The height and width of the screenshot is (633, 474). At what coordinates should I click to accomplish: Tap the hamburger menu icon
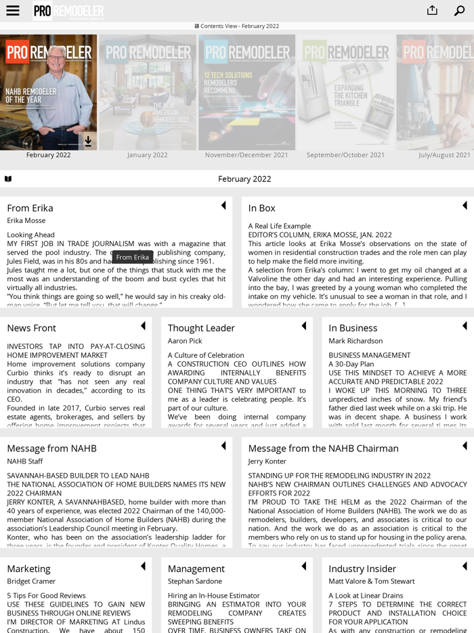pyautogui.click(x=12, y=11)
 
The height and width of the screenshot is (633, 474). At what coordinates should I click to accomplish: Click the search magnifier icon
pyautogui.click(x=460, y=11)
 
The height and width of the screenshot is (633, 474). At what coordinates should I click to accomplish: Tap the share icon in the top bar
pyautogui.click(x=432, y=10)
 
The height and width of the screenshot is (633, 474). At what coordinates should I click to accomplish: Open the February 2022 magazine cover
pyautogui.click(x=48, y=92)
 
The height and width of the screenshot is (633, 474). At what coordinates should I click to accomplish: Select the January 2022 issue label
pyautogui.click(x=147, y=155)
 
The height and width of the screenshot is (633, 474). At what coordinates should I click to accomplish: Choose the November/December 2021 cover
pyautogui.click(x=246, y=92)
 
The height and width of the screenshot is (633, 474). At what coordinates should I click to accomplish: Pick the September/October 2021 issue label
pyautogui.click(x=345, y=155)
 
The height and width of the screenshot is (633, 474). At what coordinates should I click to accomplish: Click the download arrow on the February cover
pyautogui.click(x=88, y=141)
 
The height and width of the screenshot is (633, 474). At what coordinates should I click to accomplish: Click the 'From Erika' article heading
pyautogui.click(x=30, y=208)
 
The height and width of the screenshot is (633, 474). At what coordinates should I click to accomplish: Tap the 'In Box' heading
pyautogui.click(x=261, y=208)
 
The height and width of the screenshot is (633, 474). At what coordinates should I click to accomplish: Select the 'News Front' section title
pyautogui.click(x=31, y=328)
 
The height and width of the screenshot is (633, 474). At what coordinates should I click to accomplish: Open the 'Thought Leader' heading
pyautogui.click(x=201, y=328)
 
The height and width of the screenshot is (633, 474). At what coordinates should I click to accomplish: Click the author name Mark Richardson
pyautogui.click(x=355, y=341)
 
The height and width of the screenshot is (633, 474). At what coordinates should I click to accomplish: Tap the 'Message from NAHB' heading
pyautogui.click(x=51, y=449)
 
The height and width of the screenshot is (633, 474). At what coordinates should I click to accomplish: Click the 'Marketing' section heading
pyautogui.click(x=28, y=569)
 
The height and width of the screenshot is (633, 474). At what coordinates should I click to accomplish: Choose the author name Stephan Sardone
pyautogui.click(x=195, y=581)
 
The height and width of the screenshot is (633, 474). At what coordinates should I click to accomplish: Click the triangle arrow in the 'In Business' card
pyautogui.click(x=465, y=326)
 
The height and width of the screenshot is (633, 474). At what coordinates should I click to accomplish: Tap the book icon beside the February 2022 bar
pyautogui.click(x=8, y=179)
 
